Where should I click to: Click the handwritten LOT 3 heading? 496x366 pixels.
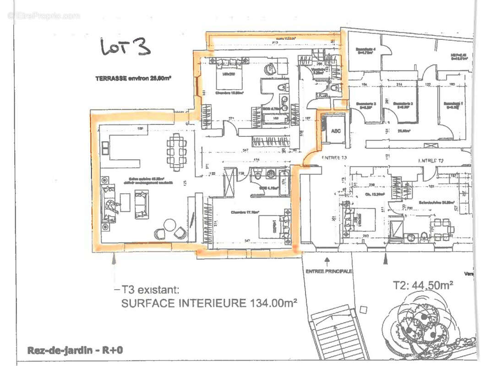(125, 47)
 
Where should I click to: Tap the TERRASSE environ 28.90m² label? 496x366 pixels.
(133, 78)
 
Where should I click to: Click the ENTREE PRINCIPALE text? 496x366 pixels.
(329, 271)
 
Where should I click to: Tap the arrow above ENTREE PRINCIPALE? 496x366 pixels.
(327, 261)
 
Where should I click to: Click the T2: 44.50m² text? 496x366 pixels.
(423, 285)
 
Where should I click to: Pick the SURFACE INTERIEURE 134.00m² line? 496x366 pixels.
(209, 303)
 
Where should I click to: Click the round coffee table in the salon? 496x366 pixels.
(170, 225)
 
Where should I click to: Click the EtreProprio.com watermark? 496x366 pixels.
(44, 16)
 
